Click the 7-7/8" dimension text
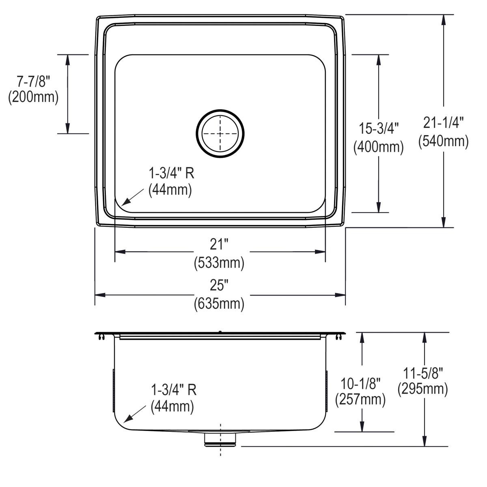33,82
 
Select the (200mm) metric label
33,97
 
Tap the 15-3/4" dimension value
379,129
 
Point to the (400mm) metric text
379,147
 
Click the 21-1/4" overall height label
444,123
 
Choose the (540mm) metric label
444,140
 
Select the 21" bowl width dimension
219,244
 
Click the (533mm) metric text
219,263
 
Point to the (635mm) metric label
219,303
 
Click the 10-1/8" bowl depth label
360,383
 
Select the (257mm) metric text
360,400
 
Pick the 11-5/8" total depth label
423,372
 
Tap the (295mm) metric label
423,389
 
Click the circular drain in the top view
220,134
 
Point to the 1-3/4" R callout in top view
171,174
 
